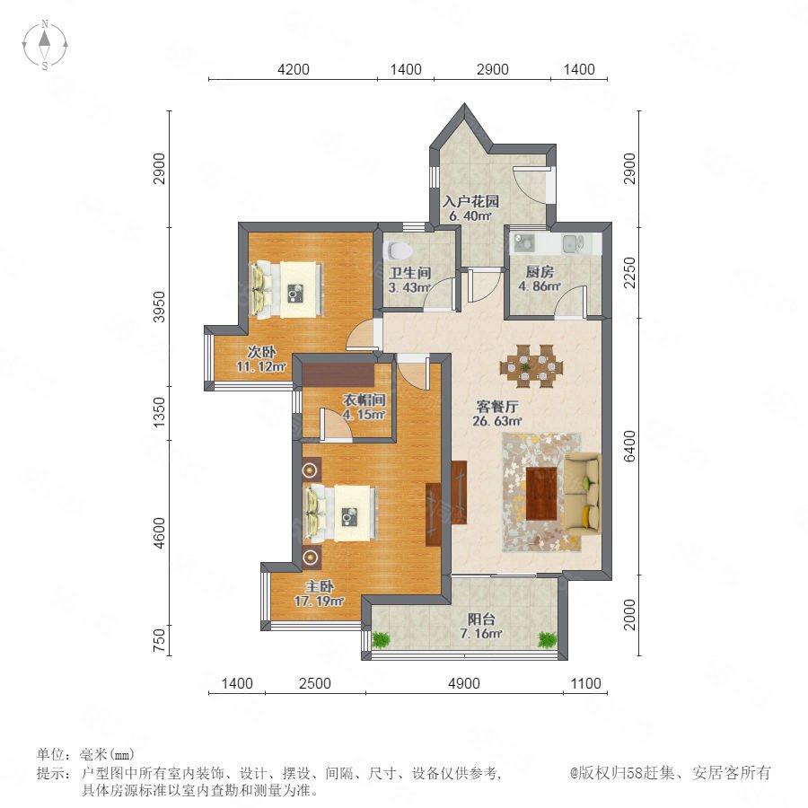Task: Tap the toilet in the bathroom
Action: [399, 250]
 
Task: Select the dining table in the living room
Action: [531, 366]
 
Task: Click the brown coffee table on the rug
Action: [541, 494]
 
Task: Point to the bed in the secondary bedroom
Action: [286, 290]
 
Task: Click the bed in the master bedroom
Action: [340, 513]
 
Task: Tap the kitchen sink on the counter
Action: [572, 243]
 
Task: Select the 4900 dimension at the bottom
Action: [464, 683]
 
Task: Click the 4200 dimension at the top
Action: [294, 69]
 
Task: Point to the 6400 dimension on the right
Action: [629, 446]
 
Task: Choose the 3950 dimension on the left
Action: [161, 307]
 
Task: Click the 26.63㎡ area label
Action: [497, 421]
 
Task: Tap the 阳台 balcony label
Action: [481, 619]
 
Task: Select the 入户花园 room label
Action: [471, 201]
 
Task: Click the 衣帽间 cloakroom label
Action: [364, 400]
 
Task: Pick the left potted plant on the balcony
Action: [382, 640]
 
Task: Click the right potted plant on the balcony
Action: [548, 640]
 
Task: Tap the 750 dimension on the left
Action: [161, 640]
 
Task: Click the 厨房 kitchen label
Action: [540, 271]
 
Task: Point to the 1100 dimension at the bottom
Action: [586, 683]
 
